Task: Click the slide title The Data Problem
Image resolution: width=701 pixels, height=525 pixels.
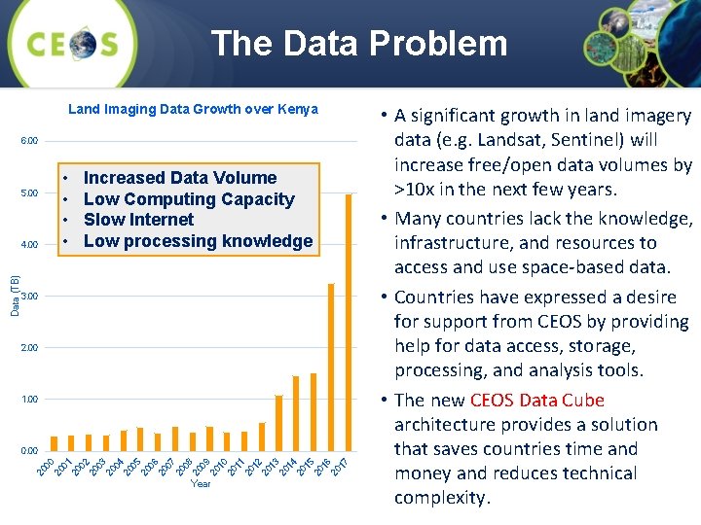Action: click(x=359, y=44)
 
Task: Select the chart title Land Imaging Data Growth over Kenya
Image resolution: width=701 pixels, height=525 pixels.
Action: click(x=193, y=109)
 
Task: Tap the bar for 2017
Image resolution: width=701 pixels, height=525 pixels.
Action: click(x=349, y=321)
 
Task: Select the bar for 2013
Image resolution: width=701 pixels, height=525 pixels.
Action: click(x=278, y=422)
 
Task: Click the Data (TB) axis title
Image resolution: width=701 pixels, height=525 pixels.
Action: click(x=15, y=296)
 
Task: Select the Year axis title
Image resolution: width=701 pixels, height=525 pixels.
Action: click(x=201, y=483)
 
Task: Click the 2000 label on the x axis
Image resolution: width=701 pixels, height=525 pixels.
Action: click(x=45, y=467)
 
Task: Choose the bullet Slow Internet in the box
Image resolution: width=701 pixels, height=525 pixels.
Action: click(x=138, y=220)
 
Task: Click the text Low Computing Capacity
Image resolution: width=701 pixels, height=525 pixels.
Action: click(x=189, y=199)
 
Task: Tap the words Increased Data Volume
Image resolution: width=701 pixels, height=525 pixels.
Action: click(x=180, y=178)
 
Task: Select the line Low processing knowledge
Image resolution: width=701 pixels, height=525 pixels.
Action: click(x=198, y=241)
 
